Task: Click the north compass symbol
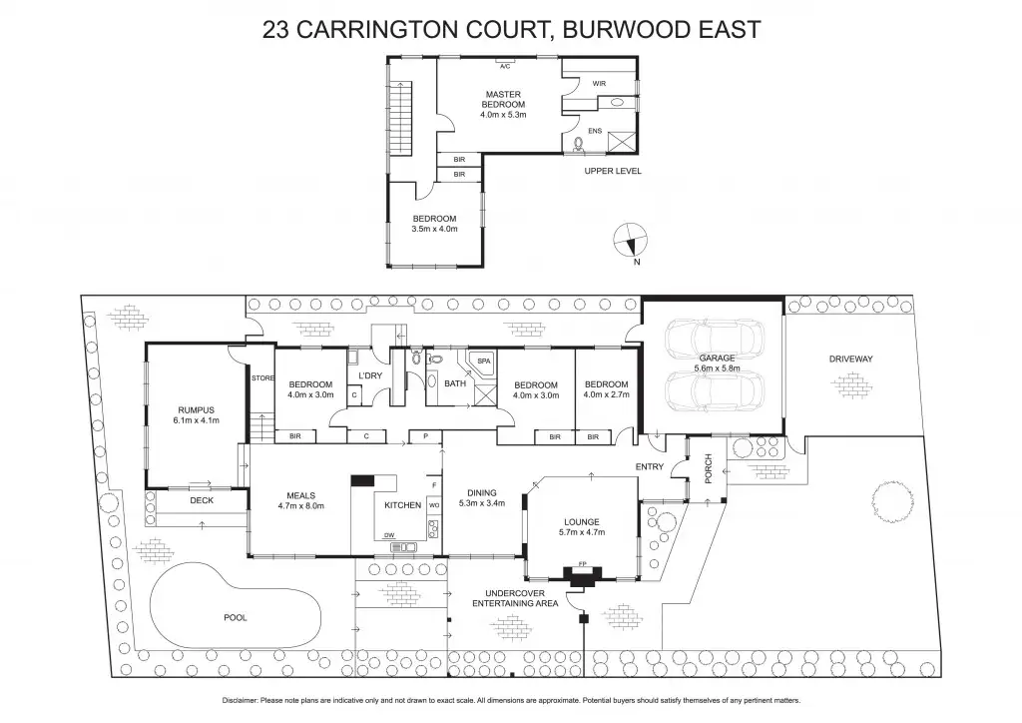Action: click(x=630, y=241)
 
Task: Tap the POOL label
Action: click(x=235, y=617)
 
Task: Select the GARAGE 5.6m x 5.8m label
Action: click(x=716, y=363)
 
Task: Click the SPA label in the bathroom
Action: click(x=483, y=361)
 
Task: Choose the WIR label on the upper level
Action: click(x=599, y=83)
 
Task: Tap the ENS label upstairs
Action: click(x=595, y=131)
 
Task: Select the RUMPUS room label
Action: click(x=196, y=410)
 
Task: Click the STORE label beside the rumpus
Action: click(x=262, y=377)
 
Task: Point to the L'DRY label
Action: click(x=370, y=375)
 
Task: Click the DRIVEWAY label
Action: click(x=850, y=359)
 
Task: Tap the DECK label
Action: click(x=203, y=500)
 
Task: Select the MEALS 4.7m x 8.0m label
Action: click(x=300, y=499)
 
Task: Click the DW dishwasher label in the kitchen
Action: click(x=390, y=536)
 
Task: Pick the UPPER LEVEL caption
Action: click(x=613, y=172)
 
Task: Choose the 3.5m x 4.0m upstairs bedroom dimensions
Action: click(x=434, y=229)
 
